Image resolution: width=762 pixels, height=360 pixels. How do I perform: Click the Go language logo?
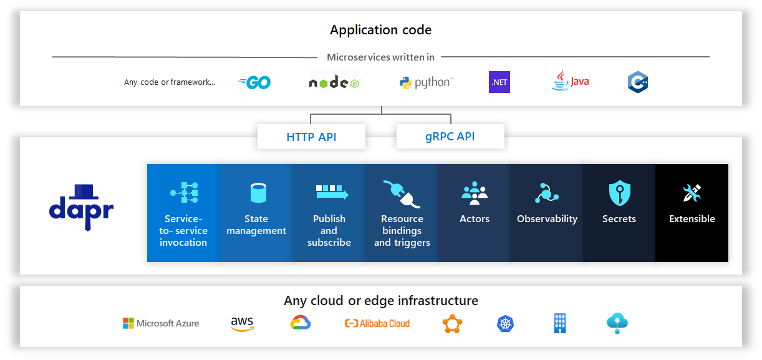click(254, 82)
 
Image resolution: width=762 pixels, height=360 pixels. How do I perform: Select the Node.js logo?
click(334, 82)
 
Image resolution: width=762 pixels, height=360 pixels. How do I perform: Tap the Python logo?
click(426, 82)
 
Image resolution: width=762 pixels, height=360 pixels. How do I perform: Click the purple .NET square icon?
click(499, 82)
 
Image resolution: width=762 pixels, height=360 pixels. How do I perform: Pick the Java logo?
click(570, 81)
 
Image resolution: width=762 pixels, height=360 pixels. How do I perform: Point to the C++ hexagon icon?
click(637, 82)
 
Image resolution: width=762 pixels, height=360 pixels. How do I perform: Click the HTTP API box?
click(311, 137)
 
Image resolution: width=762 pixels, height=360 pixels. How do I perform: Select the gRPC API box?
click(450, 137)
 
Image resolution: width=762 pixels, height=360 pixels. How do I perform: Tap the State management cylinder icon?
click(256, 193)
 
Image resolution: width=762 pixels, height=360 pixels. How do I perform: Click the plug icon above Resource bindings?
click(402, 193)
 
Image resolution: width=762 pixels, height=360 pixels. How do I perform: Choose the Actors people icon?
click(475, 193)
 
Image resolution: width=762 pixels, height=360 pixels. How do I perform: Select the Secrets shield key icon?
click(619, 193)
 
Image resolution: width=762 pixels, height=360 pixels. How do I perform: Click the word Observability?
click(547, 219)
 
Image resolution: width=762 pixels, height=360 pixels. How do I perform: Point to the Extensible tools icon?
click(692, 193)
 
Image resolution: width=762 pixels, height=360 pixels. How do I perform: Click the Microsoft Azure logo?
click(161, 323)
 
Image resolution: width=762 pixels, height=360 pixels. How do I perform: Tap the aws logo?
click(242, 323)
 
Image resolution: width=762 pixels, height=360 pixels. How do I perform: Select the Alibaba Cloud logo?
click(377, 323)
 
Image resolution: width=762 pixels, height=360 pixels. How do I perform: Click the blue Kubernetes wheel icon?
click(505, 323)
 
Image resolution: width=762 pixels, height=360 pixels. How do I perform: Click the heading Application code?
click(380, 30)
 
